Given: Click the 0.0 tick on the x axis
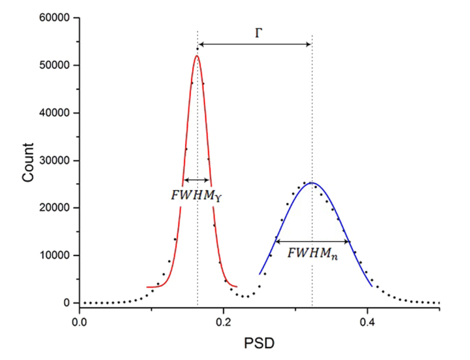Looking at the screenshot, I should pyautogui.click(x=79, y=321).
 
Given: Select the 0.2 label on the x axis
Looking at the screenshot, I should pyautogui.click(x=224, y=321).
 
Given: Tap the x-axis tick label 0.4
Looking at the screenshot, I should pyautogui.click(x=367, y=321).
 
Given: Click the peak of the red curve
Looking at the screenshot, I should pyautogui.click(x=196, y=56).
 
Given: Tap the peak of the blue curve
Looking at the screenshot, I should pyautogui.click(x=312, y=183).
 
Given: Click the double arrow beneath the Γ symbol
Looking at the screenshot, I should pyautogui.click(x=254, y=44).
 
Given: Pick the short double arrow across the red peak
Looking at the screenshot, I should pyautogui.click(x=197, y=180).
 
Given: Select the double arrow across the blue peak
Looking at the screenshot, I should pyautogui.click(x=312, y=241).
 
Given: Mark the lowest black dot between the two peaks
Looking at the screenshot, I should pyautogui.click(x=244, y=297).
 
